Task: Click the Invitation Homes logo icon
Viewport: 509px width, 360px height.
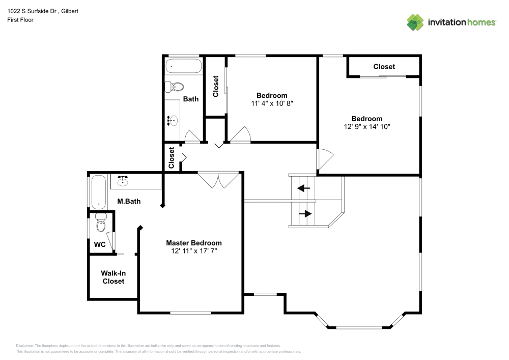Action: [x=415, y=22]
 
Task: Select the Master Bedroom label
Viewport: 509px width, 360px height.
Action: [x=193, y=243]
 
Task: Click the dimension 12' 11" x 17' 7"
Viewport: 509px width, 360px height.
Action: [x=193, y=251]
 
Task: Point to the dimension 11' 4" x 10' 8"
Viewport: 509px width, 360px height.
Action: [x=272, y=103]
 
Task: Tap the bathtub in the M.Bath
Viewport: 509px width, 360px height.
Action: [x=98, y=191]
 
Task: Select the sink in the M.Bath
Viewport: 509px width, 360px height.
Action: [x=123, y=180]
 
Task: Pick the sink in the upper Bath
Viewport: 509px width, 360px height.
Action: [x=173, y=121]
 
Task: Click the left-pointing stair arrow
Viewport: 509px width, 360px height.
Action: [x=303, y=188]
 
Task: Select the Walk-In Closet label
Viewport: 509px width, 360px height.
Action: [x=113, y=277]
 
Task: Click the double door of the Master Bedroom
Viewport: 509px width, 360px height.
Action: [x=218, y=180]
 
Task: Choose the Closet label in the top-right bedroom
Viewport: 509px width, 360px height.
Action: [x=384, y=67]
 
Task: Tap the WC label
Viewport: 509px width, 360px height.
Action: [x=99, y=244]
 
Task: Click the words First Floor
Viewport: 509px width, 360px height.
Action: [x=20, y=20]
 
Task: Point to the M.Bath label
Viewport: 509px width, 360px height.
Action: [x=129, y=202]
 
